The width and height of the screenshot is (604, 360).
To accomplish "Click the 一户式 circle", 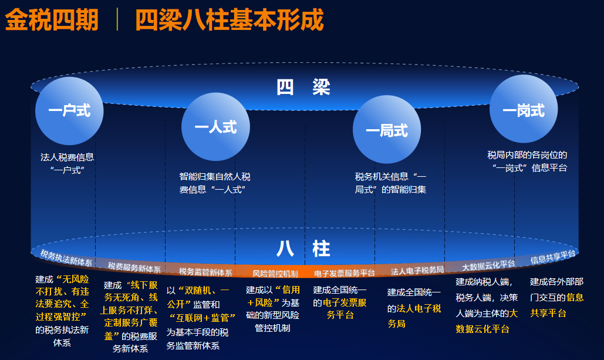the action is coord(69,111).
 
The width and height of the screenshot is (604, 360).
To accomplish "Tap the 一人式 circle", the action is coord(216,127).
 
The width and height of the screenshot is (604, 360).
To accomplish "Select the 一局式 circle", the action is coord(387,130).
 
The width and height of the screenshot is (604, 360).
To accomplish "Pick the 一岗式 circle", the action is coord(524,109).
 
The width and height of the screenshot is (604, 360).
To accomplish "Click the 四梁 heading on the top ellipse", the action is coord(303,87).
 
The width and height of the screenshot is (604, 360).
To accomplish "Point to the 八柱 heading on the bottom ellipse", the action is coord(303,248).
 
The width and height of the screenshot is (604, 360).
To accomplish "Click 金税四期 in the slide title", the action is coord(52,19).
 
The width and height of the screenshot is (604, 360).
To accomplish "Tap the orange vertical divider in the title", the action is coord(117,19).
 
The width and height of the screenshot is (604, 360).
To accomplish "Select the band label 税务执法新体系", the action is coord(66,258).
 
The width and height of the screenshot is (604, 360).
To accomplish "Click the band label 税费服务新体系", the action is coord(134,267).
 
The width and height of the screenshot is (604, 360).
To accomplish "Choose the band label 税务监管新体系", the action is coord(205,272).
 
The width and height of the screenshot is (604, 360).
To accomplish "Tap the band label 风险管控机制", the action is coord(275,274).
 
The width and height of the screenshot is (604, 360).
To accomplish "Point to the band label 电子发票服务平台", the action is coord(345,273).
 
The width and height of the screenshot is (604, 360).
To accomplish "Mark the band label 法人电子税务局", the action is coord(417,271).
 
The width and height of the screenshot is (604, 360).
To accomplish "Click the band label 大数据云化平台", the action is coord(488,265).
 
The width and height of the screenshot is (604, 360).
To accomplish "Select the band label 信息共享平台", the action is coord(553,257).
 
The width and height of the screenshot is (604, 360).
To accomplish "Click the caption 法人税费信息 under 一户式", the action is coord(67,157).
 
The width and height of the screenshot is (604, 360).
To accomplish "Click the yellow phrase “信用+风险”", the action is coord(274,296).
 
